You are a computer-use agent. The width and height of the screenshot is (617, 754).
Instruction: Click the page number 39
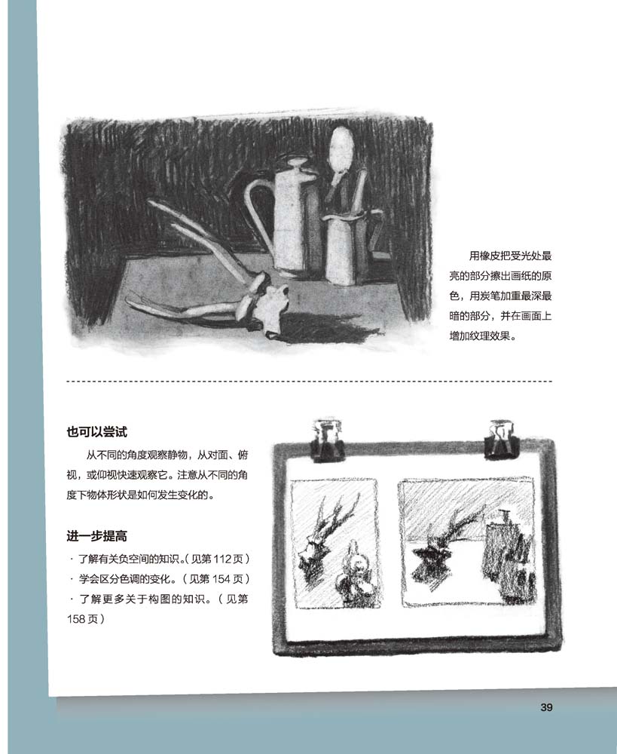click(x=546, y=707)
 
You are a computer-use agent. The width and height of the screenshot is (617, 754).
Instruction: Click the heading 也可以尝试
click(x=96, y=432)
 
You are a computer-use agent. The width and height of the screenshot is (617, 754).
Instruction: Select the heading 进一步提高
click(x=96, y=536)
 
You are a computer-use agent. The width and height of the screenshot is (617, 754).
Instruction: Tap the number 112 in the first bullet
click(x=222, y=559)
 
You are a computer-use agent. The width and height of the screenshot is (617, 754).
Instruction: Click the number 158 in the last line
click(x=76, y=619)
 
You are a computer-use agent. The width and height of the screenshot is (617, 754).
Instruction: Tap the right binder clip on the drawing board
click(x=502, y=437)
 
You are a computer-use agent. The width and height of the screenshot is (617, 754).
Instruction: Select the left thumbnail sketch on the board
click(x=335, y=544)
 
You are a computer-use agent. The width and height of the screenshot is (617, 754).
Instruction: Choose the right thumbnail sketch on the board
click(x=468, y=541)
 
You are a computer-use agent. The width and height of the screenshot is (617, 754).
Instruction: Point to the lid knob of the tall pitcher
click(x=297, y=162)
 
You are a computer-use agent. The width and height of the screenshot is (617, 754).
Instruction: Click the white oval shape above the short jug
click(x=342, y=150)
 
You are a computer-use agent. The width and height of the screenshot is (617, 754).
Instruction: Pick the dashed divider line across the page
click(x=309, y=382)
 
